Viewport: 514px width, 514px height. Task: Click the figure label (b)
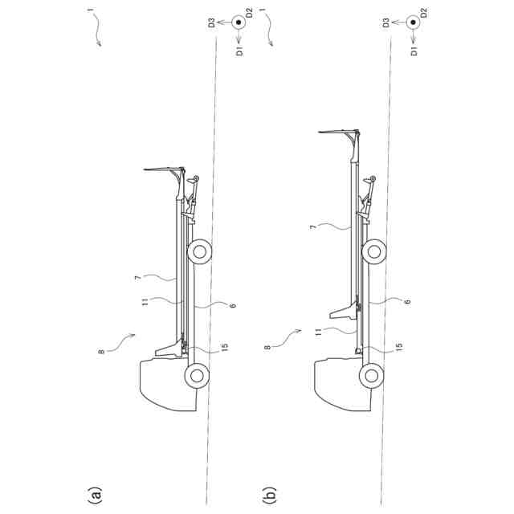[270, 495]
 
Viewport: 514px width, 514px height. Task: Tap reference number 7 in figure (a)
[138, 278]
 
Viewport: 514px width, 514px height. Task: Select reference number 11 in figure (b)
[318, 332]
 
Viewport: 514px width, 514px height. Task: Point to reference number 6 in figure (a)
[233, 305]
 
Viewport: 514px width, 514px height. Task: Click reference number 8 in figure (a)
[101, 352]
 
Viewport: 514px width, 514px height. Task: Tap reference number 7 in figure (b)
[312, 226]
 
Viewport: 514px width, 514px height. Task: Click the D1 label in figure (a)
[239, 51]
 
